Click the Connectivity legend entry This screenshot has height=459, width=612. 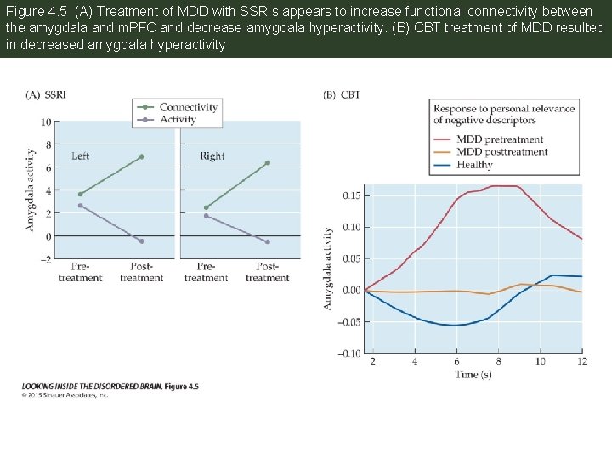pyautogui.click(x=188, y=107)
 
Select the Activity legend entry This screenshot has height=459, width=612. pyautogui.click(x=178, y=119)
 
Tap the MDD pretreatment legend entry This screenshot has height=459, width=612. pyautogui.click(x=500, y=139)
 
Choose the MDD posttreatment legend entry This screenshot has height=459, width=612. pyautogui.click(x=501, y=152)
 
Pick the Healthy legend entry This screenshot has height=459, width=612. pyautogui.click(x=474, y=165)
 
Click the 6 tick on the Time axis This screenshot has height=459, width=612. pyautogui.click(x=456, y=361)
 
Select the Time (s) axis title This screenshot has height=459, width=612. pyautogui.click(x=473, y=375)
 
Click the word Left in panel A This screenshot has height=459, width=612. pyautogui.click(x=80, y=156)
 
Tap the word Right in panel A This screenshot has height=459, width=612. pyautogui.click(x=212, y=156)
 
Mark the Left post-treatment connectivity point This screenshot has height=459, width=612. pyautogui.click(x=141, y=156)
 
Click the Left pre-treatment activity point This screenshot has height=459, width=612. pyautogui.click(x=80, y=206)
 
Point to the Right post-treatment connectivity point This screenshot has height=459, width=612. pyautogui.click(x=267, y=163)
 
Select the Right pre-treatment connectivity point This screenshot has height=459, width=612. pyautogui.click(x=206, y=207)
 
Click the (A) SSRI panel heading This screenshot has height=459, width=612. pyautogui.click(x=46, y=94)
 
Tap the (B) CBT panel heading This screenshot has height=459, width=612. pyautogui.click(x=342, y=94)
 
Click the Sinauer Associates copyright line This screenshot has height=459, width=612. pyautogui.click(x=65, y=394)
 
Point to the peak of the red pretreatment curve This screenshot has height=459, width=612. pyautogui.click(x=506, y=185)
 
